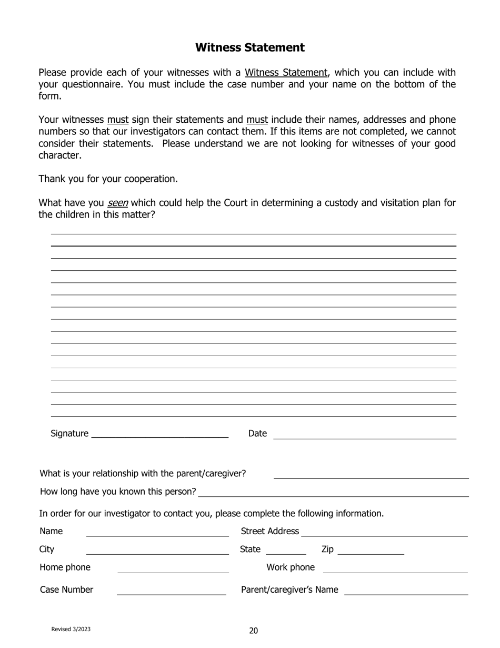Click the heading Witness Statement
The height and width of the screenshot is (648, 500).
point(249,47)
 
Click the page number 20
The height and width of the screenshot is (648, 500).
point(253,631)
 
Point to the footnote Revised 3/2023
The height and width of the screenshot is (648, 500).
point(71,629)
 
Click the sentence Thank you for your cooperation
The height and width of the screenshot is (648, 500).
point(108,179)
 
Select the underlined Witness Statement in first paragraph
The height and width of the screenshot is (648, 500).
point(286,73)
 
